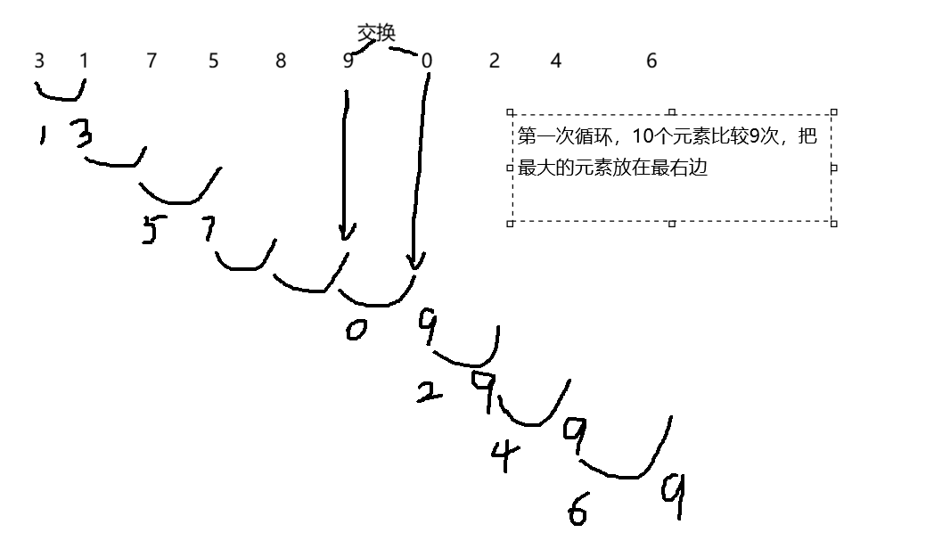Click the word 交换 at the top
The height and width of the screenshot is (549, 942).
coord(375,33)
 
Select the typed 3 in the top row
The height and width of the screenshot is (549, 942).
coord(39,61)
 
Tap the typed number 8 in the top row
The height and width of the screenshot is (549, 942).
coord(281,61)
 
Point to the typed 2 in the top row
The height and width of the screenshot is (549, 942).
coord(494,61)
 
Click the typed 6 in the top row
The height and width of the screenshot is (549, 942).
coord(651,61)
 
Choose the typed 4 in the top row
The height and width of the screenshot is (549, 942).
coord(556,61)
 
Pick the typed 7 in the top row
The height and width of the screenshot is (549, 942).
coord(152,61)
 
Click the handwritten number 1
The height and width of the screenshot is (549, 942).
coord(43,136)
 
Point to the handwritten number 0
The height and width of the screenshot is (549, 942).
coord(356,331)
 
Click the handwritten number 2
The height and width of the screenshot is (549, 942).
coord(430,390)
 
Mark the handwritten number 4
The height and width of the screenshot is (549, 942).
coord(504,456)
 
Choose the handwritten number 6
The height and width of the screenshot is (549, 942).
coord(577,510)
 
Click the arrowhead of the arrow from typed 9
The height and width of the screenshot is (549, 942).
coord(346,233)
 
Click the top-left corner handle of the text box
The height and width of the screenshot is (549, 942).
coord(511,113)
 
